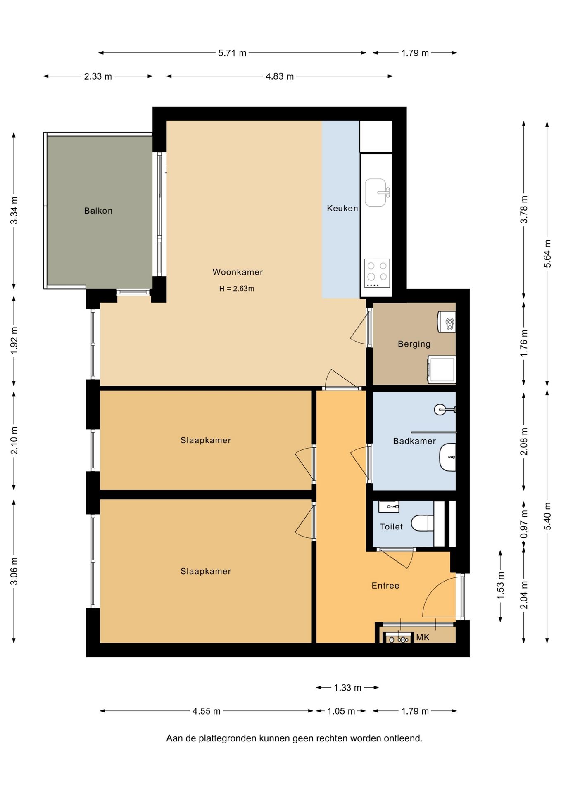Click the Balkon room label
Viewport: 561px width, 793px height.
point(98,211)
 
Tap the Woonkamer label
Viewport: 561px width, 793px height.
point(238,272)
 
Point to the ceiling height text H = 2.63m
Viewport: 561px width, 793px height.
point(236,289)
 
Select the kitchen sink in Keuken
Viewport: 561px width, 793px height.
point(376,192)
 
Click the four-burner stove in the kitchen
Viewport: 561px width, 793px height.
point(377,273)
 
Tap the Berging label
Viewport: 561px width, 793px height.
point(414,344)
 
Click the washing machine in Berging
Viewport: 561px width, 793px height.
point(442,369)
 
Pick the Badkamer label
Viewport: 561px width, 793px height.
point(414,441)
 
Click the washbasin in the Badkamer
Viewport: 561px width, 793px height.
point(447,457)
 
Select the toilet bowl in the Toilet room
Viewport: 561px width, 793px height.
point(422,523)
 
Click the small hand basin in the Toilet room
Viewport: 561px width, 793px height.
point(389,506)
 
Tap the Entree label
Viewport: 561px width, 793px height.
point(385,586)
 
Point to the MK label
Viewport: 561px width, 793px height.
point(423,637)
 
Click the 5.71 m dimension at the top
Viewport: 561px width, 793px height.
point(232,53)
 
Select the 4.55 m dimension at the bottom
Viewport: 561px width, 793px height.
point(207,711)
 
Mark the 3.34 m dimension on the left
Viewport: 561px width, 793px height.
point(14,211)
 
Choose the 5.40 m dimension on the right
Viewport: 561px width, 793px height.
point(547,517)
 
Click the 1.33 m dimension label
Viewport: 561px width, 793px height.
point(347,688)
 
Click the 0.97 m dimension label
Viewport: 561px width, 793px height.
point(524,524)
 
